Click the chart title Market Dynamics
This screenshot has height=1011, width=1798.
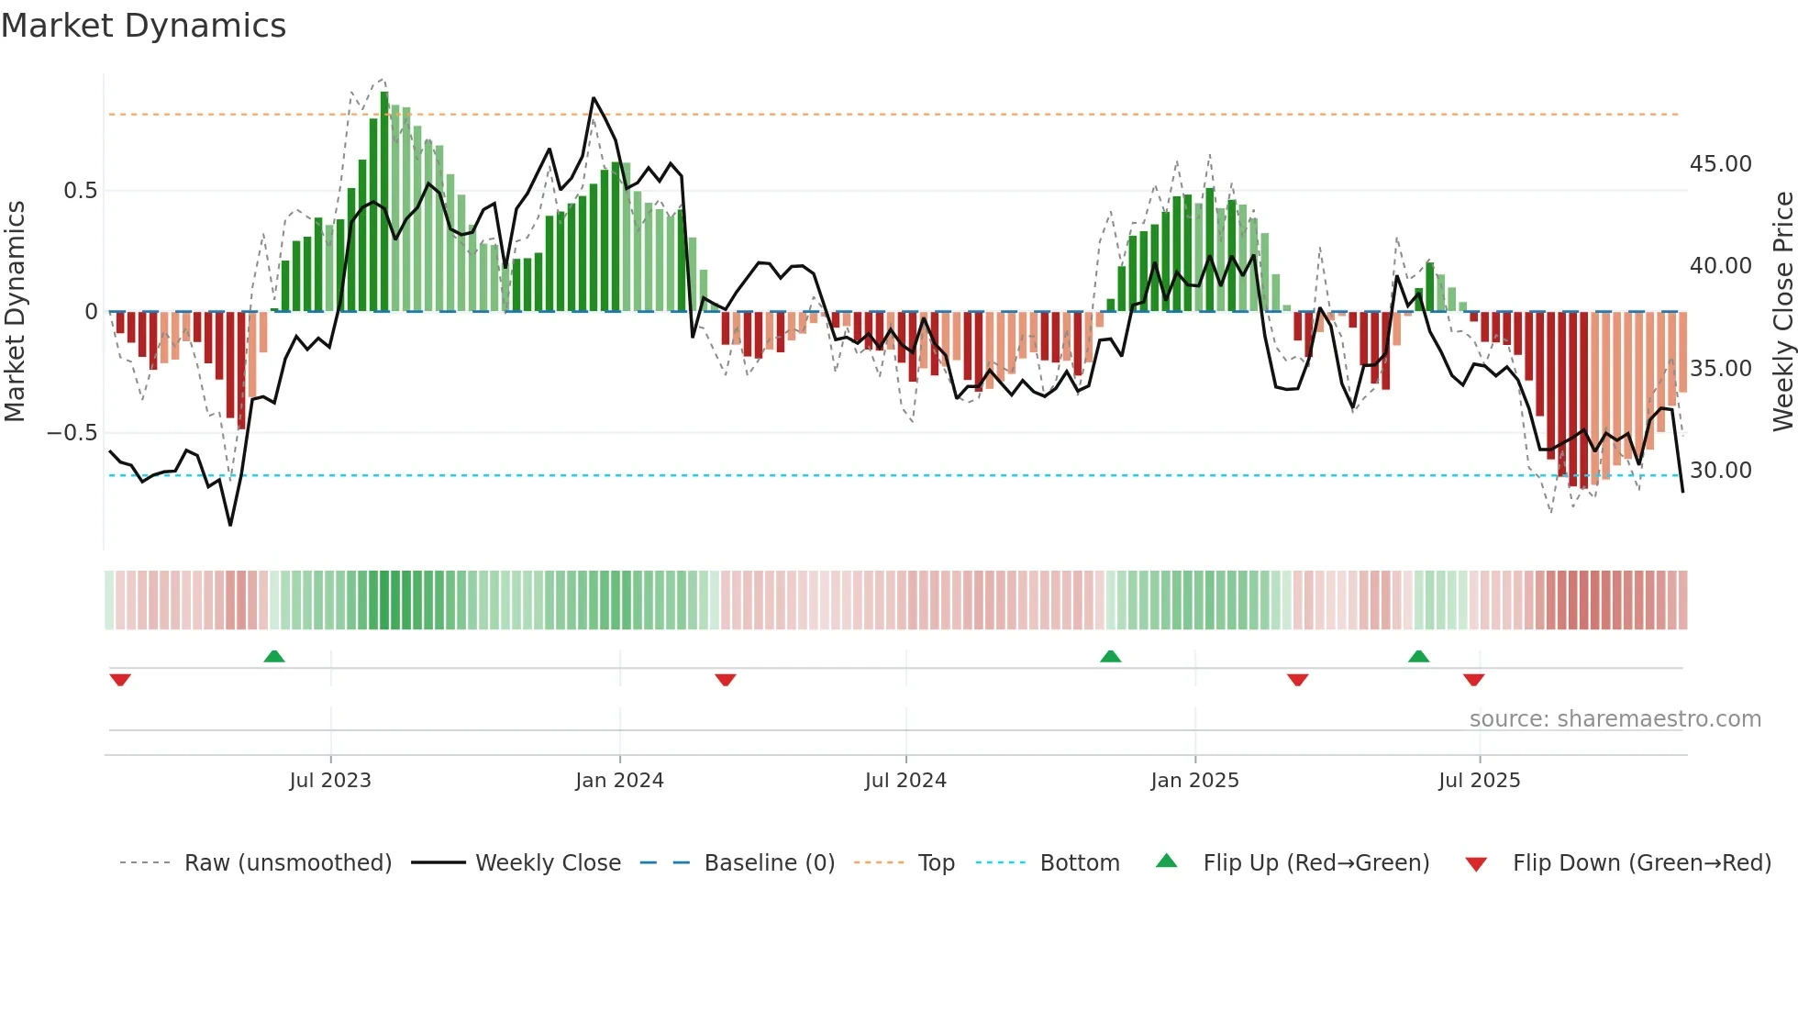143,26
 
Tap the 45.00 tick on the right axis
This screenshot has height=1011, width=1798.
1720,164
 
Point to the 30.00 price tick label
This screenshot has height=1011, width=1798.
1720,471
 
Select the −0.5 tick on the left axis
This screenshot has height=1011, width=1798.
72,432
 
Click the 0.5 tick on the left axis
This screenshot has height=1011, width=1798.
80,191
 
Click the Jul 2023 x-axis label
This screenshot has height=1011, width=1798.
330,781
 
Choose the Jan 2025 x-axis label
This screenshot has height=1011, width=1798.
1194,781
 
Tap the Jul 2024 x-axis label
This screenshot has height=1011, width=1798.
905,781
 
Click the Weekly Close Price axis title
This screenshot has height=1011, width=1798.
1782,311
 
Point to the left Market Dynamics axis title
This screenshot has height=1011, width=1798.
15,311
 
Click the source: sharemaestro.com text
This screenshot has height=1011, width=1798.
1615,719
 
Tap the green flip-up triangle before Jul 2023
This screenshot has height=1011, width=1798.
274,657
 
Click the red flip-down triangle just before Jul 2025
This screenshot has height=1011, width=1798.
1474,680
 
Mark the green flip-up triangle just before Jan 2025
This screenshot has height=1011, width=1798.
1111,657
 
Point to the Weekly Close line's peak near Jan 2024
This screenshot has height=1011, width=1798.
594,98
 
